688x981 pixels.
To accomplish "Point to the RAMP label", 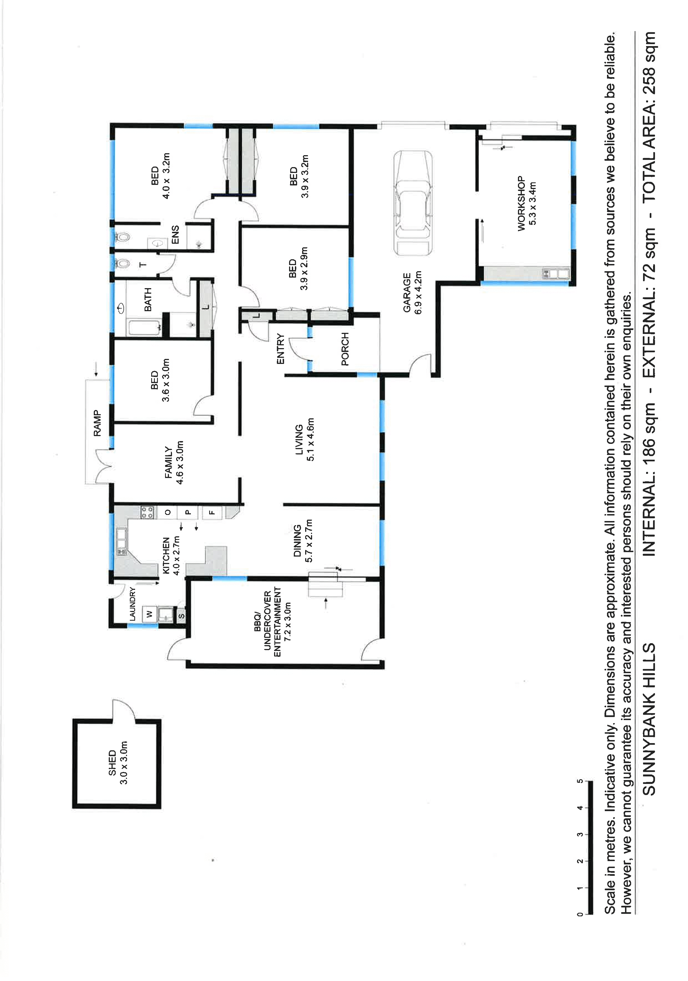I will [x=98, y=423].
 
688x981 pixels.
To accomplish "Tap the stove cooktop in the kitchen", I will [x=147, y=512].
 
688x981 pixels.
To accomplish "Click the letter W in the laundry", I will [x=149, y=614].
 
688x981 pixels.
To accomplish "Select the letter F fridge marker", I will [x=212, y=512].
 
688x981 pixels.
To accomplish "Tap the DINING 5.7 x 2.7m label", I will [x=303, y=540].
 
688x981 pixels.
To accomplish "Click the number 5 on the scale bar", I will [x=580, y=781].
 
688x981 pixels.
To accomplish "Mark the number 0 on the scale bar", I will [x=580, y=914].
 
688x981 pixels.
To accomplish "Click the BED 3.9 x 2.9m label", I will [x=298, y=268].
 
